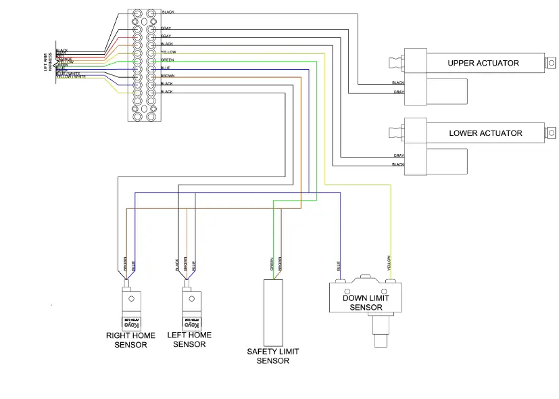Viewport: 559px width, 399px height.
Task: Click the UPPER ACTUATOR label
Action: (x=483, y=63)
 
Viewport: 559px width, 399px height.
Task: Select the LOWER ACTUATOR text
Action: (x=485, y=133)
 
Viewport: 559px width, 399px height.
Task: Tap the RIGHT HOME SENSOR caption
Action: (x=130, y=339)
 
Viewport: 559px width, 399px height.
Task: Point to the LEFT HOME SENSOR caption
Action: (x=189, y=339)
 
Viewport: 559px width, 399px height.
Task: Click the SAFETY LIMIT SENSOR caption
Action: (x=272, y=356)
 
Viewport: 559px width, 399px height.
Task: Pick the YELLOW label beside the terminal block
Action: (x=168, y=52)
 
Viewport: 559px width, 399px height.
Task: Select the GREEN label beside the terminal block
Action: (x=168, y=60)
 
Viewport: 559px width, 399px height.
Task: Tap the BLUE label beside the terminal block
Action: (x=166, y=68)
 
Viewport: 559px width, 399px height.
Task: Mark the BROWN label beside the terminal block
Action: (x=168, y=76)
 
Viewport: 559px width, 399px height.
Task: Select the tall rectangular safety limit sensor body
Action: (x=272, y=310)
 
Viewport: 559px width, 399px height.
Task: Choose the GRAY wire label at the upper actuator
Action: (x=399, y=92)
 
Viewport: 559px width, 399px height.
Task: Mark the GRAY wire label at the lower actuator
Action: (x=399, y=156)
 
